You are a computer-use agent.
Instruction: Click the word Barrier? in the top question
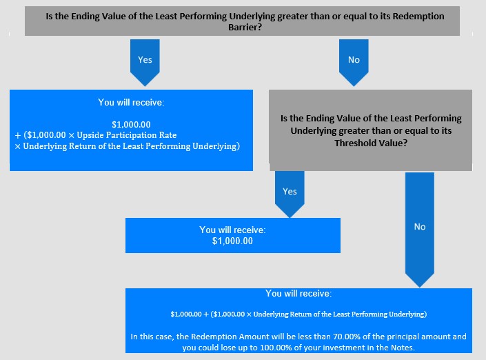245,28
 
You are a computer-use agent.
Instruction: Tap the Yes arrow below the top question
145,62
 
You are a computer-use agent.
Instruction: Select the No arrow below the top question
354,62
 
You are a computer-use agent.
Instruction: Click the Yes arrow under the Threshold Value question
290,194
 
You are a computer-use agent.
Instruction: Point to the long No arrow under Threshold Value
420,230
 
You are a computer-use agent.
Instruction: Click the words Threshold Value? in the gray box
371,143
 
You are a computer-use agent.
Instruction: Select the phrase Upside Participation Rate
127,135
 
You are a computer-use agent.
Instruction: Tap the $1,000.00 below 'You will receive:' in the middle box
232,241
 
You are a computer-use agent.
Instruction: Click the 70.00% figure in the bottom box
345,337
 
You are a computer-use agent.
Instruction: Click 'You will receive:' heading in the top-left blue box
131,102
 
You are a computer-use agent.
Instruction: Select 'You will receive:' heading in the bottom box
298,293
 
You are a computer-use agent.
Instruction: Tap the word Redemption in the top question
418,16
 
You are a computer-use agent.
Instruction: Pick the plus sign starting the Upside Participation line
18,135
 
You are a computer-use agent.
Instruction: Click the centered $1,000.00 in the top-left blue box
131,125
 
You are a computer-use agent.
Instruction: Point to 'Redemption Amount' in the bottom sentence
230,337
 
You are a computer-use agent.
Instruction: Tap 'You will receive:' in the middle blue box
232,230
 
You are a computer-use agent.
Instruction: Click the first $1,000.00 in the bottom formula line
186,314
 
